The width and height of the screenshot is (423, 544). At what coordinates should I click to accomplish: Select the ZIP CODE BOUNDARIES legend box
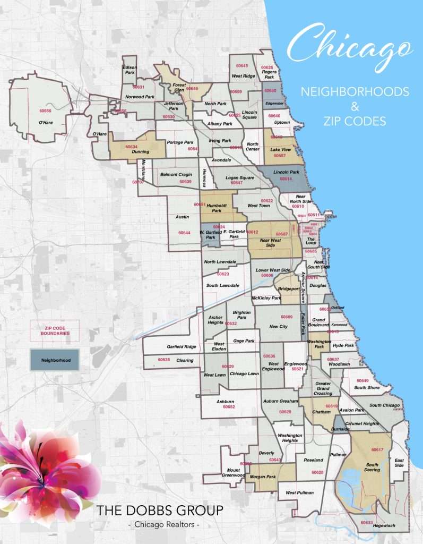click(55, 330)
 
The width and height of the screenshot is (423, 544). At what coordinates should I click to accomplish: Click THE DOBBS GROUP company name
click(160, 511)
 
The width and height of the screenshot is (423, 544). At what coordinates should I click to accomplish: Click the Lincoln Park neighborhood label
click(286, 172)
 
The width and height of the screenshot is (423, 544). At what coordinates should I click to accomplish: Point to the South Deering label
click(372, 467)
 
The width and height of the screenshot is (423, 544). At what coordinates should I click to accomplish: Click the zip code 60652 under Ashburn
click(229, 406)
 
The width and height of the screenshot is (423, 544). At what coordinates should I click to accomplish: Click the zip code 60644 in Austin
click(184, 233)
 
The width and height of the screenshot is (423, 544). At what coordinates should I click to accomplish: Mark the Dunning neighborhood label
click(140, 151)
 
